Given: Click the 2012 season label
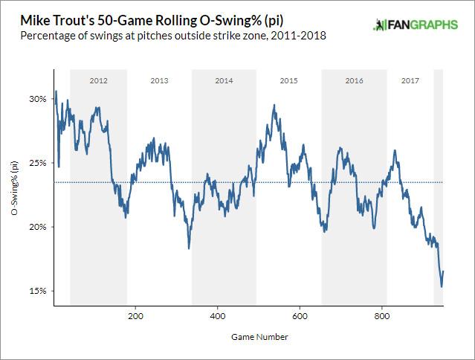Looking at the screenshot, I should [x=98, y=79].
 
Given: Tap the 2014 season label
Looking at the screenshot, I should [x=223, y=79].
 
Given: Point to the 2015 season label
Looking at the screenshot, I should [x=289, y=79].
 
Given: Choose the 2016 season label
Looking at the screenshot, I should [x=354, y=79].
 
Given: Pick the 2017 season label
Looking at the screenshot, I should [x=410, y=79].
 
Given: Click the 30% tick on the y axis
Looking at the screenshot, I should [x=37, y=99].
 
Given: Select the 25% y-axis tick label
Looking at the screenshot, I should [x=37, y=163].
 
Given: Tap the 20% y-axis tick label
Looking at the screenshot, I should [x=37, y=227].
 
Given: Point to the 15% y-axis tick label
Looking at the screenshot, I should [x=37, y=291].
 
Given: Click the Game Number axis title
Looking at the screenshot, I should [x=248, y=336].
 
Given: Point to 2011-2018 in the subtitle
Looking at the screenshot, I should [x=300, y=35].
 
